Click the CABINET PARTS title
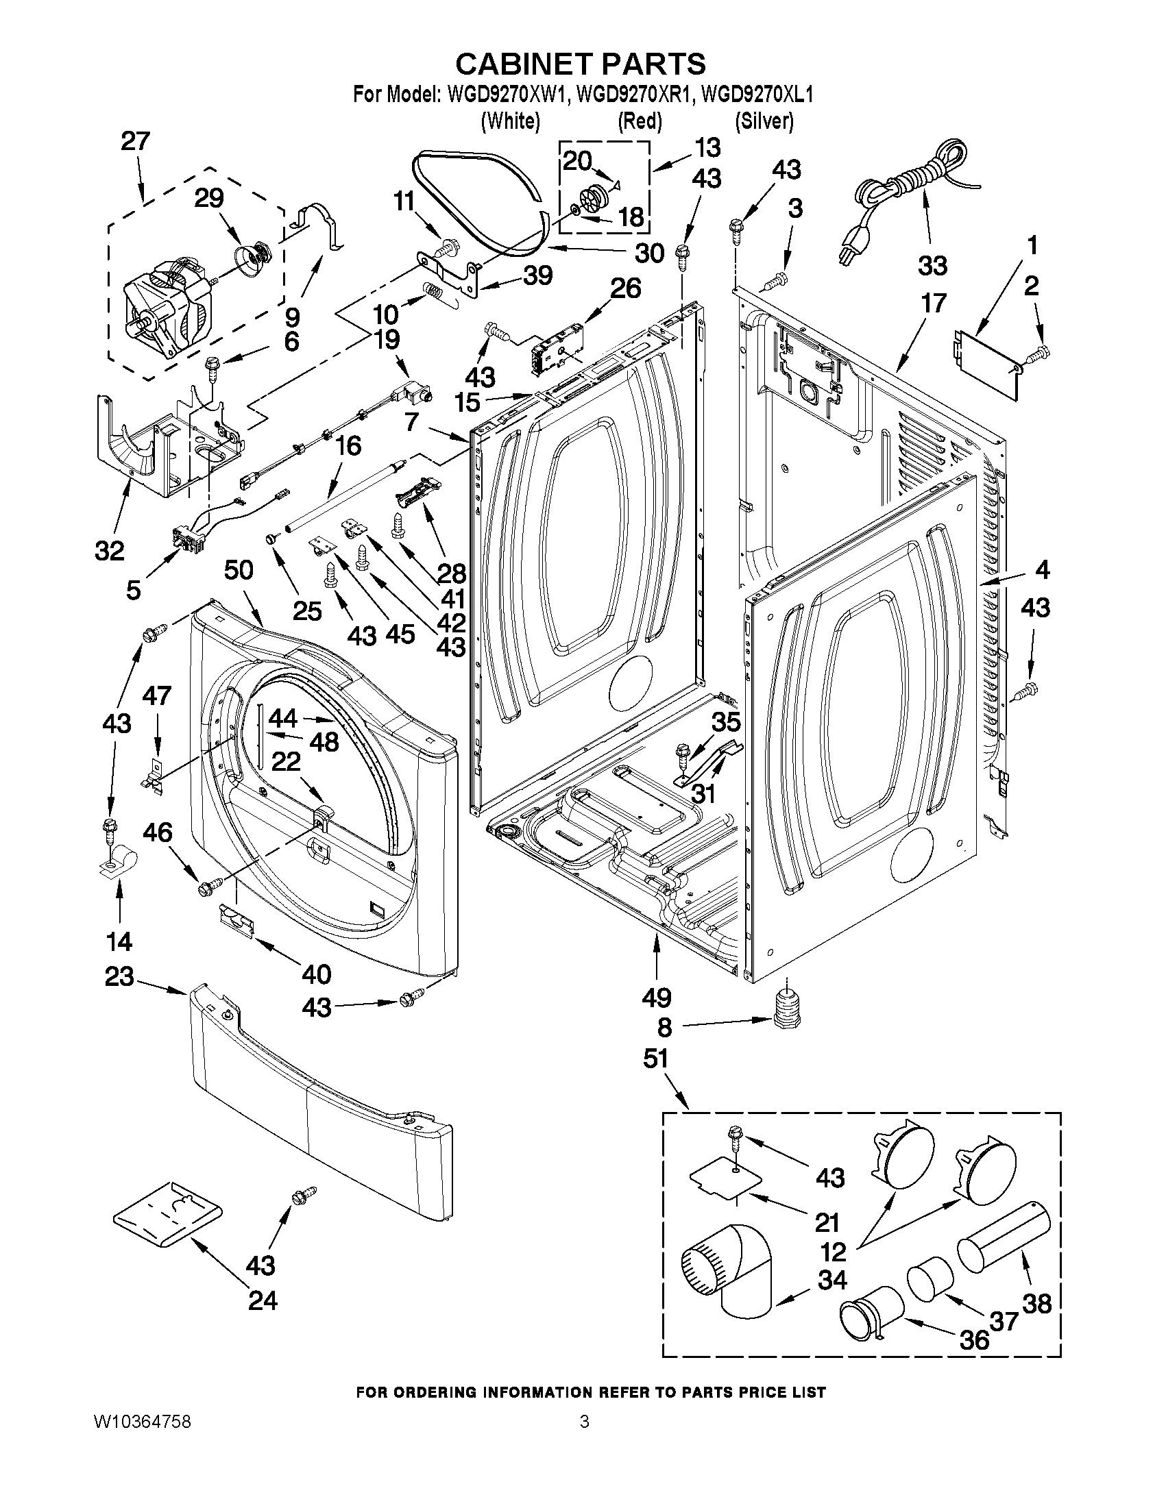pyautogui.click(x=581, y=64)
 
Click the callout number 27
pyautogui.click(x=135, y=142)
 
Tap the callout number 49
pyautogui.click(x=655, y=997)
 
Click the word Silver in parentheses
pyautogui.click(x=764, y=121)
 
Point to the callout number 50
pyautogui.click(x=239, y=570)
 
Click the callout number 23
pyautogui.click(x=119, y=977)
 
